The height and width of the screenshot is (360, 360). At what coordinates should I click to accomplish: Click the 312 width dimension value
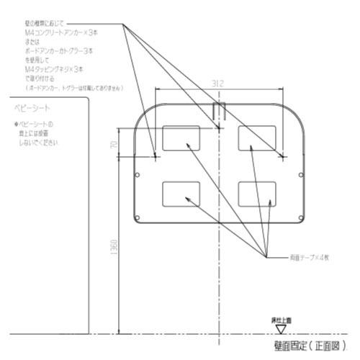pyautogui.click(x=220, y=84)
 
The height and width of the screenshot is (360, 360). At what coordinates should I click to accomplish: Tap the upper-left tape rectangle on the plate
pyautogui.click(x=182, y=138)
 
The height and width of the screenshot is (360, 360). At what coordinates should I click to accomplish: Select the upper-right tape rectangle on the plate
pyautogui.click(x=257, y=138)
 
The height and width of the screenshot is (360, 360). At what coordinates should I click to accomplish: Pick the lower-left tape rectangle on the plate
pyautogui.click(x=182, y=193)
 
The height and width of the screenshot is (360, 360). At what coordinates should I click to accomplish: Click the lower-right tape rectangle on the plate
pyautogui.click(x=257, y=193)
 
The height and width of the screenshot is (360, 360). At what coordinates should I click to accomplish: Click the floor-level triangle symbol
pyautogui.click(x=282, y=327)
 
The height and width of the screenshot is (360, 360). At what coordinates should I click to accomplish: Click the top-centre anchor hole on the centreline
pyautogui.click(x=219, y=129)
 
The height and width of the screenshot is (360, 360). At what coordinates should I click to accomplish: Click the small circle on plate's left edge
pyautogui.click(x=138, y=174)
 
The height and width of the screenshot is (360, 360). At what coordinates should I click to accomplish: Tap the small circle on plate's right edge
pyautogui.click(x=300, y=174)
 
